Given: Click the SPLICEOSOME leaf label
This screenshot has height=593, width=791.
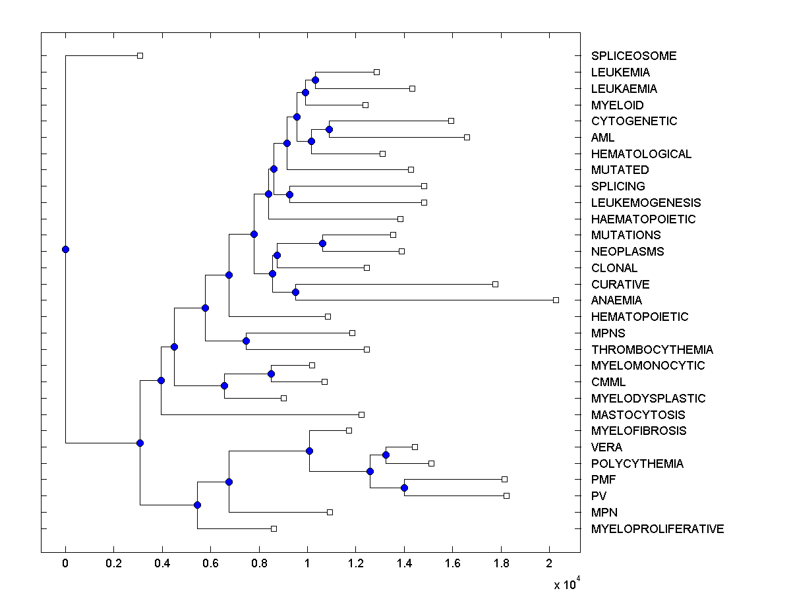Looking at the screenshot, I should point(633,56).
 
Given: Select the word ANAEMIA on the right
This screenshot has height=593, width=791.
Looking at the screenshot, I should point(616,300).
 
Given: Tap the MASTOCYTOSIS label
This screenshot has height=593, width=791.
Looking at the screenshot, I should point(637,414).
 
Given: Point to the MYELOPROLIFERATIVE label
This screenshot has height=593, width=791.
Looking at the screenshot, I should point(657,528).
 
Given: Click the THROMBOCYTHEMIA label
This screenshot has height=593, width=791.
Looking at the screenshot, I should point(652,349).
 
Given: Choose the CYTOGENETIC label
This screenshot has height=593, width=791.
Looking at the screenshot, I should point(634,121).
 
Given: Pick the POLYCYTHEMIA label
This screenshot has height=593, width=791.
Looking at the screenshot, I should point(637,463).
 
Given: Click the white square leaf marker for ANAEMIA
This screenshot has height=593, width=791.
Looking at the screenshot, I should point(556,300).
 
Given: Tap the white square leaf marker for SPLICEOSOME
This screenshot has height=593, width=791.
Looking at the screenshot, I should point(140,55).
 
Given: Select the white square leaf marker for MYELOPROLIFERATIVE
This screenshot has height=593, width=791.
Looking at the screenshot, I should point(274,528).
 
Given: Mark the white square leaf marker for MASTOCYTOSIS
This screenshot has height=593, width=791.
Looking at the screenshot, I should point(361,414).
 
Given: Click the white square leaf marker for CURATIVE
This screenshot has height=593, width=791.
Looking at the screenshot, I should point(495,284).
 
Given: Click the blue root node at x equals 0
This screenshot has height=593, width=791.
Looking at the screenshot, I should point(65,249).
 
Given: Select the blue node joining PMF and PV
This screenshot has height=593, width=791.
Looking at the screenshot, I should point(404,488).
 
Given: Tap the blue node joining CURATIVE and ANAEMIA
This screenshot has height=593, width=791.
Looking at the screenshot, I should point(296,292).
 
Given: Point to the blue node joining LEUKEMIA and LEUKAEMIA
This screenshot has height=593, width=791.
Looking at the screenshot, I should point(315,80).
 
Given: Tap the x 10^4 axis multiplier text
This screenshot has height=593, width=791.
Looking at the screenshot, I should point(566,583).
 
